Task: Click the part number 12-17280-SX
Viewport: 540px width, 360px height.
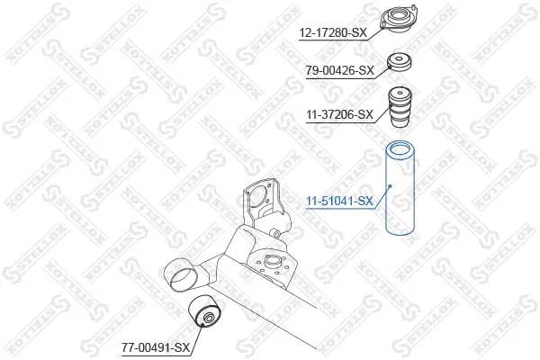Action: coord(333,33)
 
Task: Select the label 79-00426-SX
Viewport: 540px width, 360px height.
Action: coord(340,70)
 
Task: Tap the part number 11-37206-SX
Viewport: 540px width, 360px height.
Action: coord(340,114)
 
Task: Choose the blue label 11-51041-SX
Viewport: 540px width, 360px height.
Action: coord(340,201)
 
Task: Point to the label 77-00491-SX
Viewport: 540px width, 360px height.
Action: coord(156,347)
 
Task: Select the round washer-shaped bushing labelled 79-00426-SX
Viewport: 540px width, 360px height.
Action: coord(400,63)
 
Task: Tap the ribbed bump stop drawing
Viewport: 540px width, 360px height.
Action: coord(400,107)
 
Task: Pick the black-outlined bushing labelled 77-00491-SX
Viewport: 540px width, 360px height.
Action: coord(203,310)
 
